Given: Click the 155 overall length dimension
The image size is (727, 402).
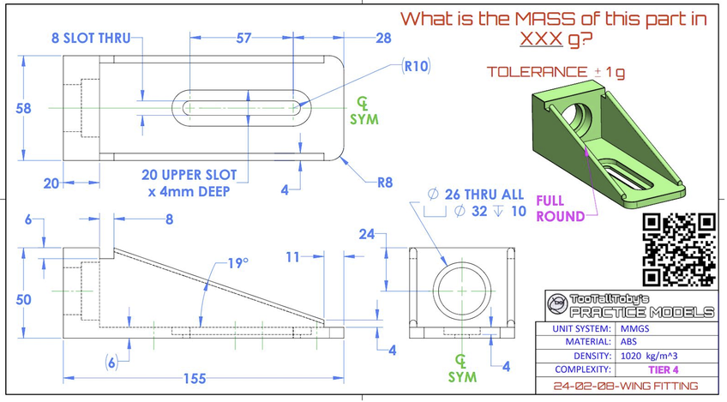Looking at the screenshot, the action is coord(195,379).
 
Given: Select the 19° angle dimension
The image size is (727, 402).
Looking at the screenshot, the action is coord(237,263).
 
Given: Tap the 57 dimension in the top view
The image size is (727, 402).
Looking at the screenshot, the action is coord(243,38).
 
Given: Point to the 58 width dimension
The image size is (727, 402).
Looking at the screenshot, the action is coord(23,109).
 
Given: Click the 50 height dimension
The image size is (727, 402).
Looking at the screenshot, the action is coord(23,300).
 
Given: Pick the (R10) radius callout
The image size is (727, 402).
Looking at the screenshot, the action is coord(416,66).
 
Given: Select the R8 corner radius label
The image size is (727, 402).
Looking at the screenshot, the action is coord(385,183).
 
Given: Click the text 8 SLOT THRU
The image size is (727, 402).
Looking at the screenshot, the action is coord(91,38).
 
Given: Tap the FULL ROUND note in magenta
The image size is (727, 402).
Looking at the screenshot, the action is coord(560,208).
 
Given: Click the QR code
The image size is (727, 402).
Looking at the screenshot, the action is coord(679,249).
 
